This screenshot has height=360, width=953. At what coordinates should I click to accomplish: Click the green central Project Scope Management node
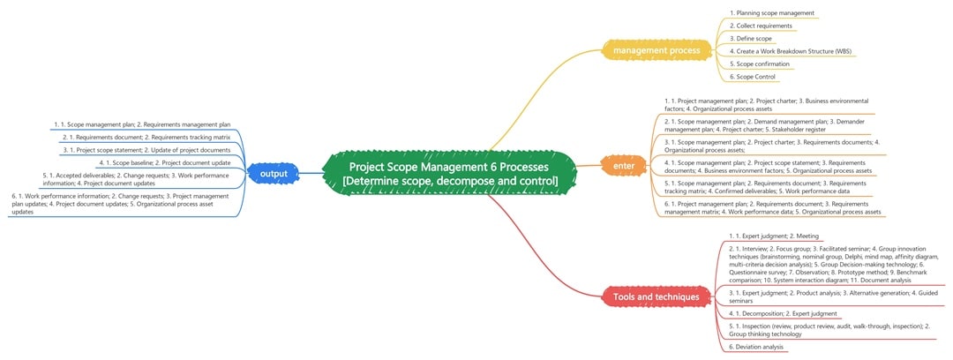coord(450,173)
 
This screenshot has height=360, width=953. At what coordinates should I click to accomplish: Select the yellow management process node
coord(657,51)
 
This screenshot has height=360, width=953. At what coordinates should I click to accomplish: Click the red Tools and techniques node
coord(656,297)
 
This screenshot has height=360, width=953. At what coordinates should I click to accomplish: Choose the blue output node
coord(274,174)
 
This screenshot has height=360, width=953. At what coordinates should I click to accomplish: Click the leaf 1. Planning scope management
coord(771,13)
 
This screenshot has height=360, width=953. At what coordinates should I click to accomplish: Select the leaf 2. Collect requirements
coord(761,26)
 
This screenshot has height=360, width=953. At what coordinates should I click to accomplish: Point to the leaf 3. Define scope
coord(751,39)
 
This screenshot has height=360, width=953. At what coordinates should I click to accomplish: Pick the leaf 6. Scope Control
coord(753,77)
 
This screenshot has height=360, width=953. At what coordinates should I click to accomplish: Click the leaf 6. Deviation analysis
coord(756,347)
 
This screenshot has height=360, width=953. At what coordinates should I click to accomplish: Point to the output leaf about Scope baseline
coord(165,162)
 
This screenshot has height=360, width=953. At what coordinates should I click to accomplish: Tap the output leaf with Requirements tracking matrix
coord(152,138)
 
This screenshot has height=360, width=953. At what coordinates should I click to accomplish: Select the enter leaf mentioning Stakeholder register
coord(763,124)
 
